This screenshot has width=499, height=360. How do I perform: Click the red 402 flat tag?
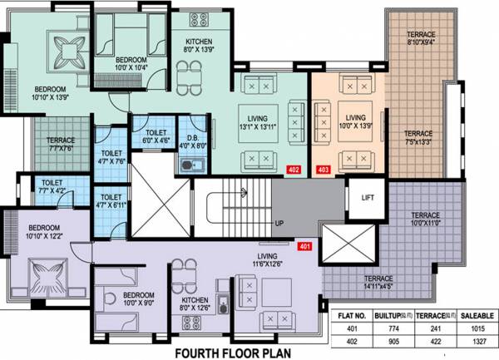coord(294,169)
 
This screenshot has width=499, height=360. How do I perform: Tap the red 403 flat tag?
coord(324,169)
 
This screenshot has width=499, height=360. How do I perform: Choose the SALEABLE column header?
coord(474,315)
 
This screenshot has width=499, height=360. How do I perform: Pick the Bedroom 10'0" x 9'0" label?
coord(134,298)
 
